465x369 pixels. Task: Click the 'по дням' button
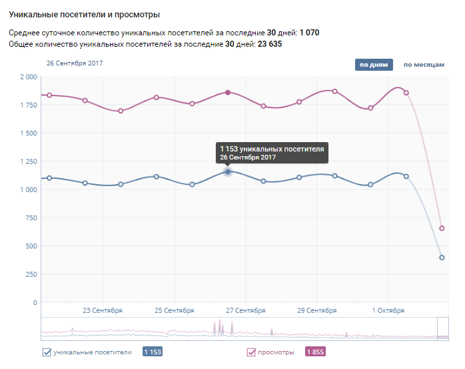tap(374, 65)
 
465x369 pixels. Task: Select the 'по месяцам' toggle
tap(424, 65)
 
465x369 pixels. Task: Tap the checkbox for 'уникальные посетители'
tap(47, 352)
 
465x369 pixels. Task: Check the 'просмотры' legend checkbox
tap(251, 352)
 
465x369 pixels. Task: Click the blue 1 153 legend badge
tap(153, 352)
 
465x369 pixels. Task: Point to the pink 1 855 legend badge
tap(315, 352)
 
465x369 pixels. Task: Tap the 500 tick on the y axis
tap(31, 246)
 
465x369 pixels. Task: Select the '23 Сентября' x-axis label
tap(103, 310)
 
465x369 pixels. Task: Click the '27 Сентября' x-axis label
tap(245, 310)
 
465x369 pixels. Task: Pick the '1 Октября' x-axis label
tap(388, 310)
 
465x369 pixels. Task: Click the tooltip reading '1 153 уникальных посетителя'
tap(272, 153)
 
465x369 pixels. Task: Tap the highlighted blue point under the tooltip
tap(228, 172)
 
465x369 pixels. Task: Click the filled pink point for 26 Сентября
tap(228, 93)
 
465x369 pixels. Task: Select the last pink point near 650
tap(442, 228)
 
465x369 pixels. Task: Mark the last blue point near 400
tap(442, 258)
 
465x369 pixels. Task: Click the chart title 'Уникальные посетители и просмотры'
tap(84, 14)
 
